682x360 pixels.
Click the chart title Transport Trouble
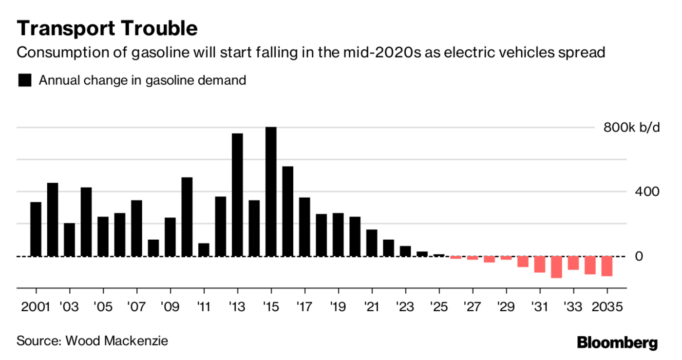point(107,28)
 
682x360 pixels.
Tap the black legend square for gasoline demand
point(25,80)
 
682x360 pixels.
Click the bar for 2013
point(237,195)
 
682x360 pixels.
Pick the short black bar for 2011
point(204,249)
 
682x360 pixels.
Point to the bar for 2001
point(36,229)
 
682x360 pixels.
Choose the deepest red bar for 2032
point(556,267)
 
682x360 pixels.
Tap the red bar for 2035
point(607,266)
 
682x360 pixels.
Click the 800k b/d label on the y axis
point(631,128)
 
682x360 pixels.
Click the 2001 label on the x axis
point(36,308)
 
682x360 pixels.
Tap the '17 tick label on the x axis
point(304,308)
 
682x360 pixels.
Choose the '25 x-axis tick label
point(439,308)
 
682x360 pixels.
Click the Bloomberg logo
point(617,342)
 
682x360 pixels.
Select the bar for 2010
point(187,217)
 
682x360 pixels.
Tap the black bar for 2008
point(153,247)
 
